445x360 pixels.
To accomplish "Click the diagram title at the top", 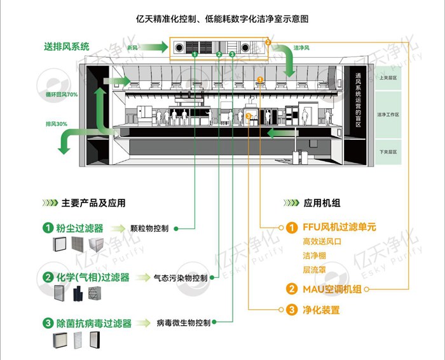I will point(222,19).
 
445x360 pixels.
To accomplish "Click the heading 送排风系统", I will point(67,46).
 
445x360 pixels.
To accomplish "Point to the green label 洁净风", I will point(302,48).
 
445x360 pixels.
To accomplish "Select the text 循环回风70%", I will point(61,95).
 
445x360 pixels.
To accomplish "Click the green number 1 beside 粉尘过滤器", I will point(48,227).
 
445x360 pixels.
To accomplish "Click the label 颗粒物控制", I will point(149,228).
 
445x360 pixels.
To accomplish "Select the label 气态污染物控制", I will point(181,278).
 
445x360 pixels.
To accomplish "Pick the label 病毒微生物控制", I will point(182,324).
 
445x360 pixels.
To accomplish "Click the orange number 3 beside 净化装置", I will point(291,310).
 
